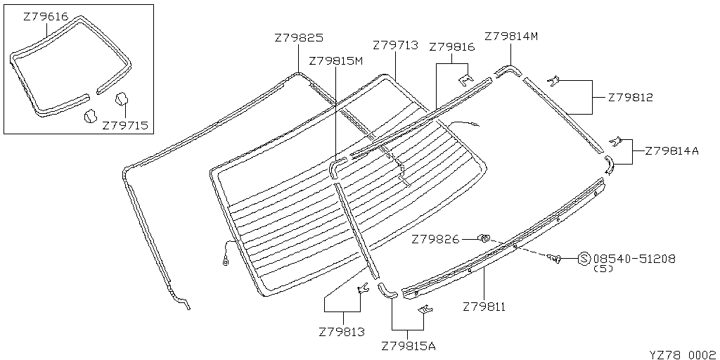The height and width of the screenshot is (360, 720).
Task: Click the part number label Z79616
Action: click(46, 15)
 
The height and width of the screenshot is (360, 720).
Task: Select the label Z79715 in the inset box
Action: click(125, 125)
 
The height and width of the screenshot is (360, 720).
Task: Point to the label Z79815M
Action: click(335, 61)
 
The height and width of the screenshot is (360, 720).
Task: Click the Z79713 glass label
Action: click(395, 46)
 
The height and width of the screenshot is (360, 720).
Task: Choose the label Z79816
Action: click(451, 47)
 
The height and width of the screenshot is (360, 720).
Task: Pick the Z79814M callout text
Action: click(511, 37)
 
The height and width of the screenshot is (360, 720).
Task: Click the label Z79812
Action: click(630, 98)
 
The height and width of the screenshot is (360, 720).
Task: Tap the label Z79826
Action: click(435, 240)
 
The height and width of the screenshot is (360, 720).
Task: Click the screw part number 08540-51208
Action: click(635, 259)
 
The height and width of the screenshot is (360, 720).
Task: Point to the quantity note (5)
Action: click(605, 269)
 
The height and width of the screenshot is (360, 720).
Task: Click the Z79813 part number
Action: click(342, 331)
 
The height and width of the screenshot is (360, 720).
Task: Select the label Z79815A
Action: click(409, 346)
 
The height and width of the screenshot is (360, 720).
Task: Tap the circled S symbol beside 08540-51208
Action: click(584, 259)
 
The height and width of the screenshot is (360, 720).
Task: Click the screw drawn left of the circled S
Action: click(554, 260)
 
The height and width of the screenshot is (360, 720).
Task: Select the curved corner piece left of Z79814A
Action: click(608, 165)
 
